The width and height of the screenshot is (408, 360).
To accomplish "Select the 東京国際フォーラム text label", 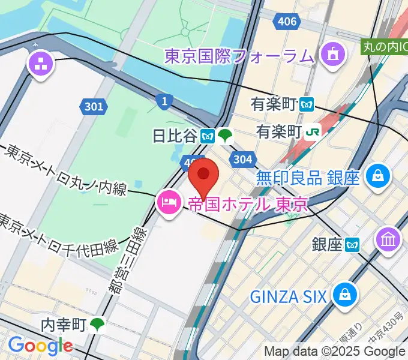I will click(239, 56).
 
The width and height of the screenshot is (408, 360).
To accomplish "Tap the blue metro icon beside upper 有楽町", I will click(308, 104).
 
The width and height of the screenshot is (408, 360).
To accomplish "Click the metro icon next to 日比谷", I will click(208, 136).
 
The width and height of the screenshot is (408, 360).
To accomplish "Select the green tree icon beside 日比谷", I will click(226, 136).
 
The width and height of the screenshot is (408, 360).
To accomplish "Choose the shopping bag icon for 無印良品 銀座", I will click(379, 177).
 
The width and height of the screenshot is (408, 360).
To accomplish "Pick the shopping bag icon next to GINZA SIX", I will click(346, 295).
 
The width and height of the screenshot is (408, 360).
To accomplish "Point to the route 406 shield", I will click(286, 22).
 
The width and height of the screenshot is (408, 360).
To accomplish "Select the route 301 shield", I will click(93, 107).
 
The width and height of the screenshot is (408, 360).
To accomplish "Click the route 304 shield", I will click(242, 159).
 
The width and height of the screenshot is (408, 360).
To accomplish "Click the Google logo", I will click(40, 346).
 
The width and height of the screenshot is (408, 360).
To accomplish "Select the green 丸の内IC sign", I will click(384, 46).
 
